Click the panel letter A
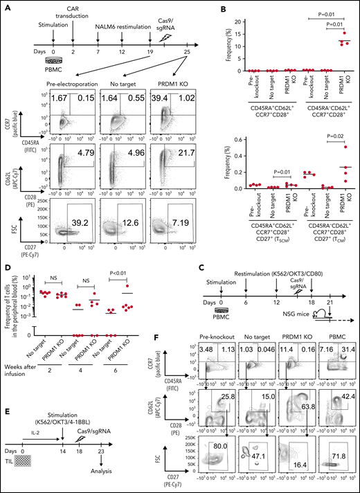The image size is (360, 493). (x=6, y=6)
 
